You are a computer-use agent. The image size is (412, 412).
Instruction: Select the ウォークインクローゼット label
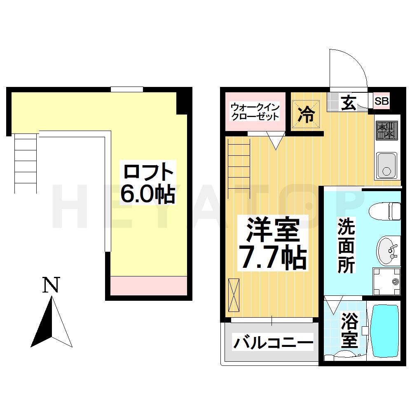coord(255,112)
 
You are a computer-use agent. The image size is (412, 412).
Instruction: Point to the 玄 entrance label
coord(349,103)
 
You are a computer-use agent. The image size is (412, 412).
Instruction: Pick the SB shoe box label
coord(382,101)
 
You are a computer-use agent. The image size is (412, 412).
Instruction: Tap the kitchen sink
coord(386,165)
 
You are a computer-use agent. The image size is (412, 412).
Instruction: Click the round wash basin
coord(388,250)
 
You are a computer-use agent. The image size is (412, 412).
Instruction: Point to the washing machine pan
coord(386,281)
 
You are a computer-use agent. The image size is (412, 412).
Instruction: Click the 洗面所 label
coord(346,245)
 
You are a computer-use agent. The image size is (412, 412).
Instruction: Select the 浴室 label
coord(349,330)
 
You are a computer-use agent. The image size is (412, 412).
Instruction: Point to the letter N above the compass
coord(51,285)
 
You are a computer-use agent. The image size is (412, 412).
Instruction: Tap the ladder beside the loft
coord(26,163)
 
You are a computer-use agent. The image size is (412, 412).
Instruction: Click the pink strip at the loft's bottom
coord(149,286)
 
